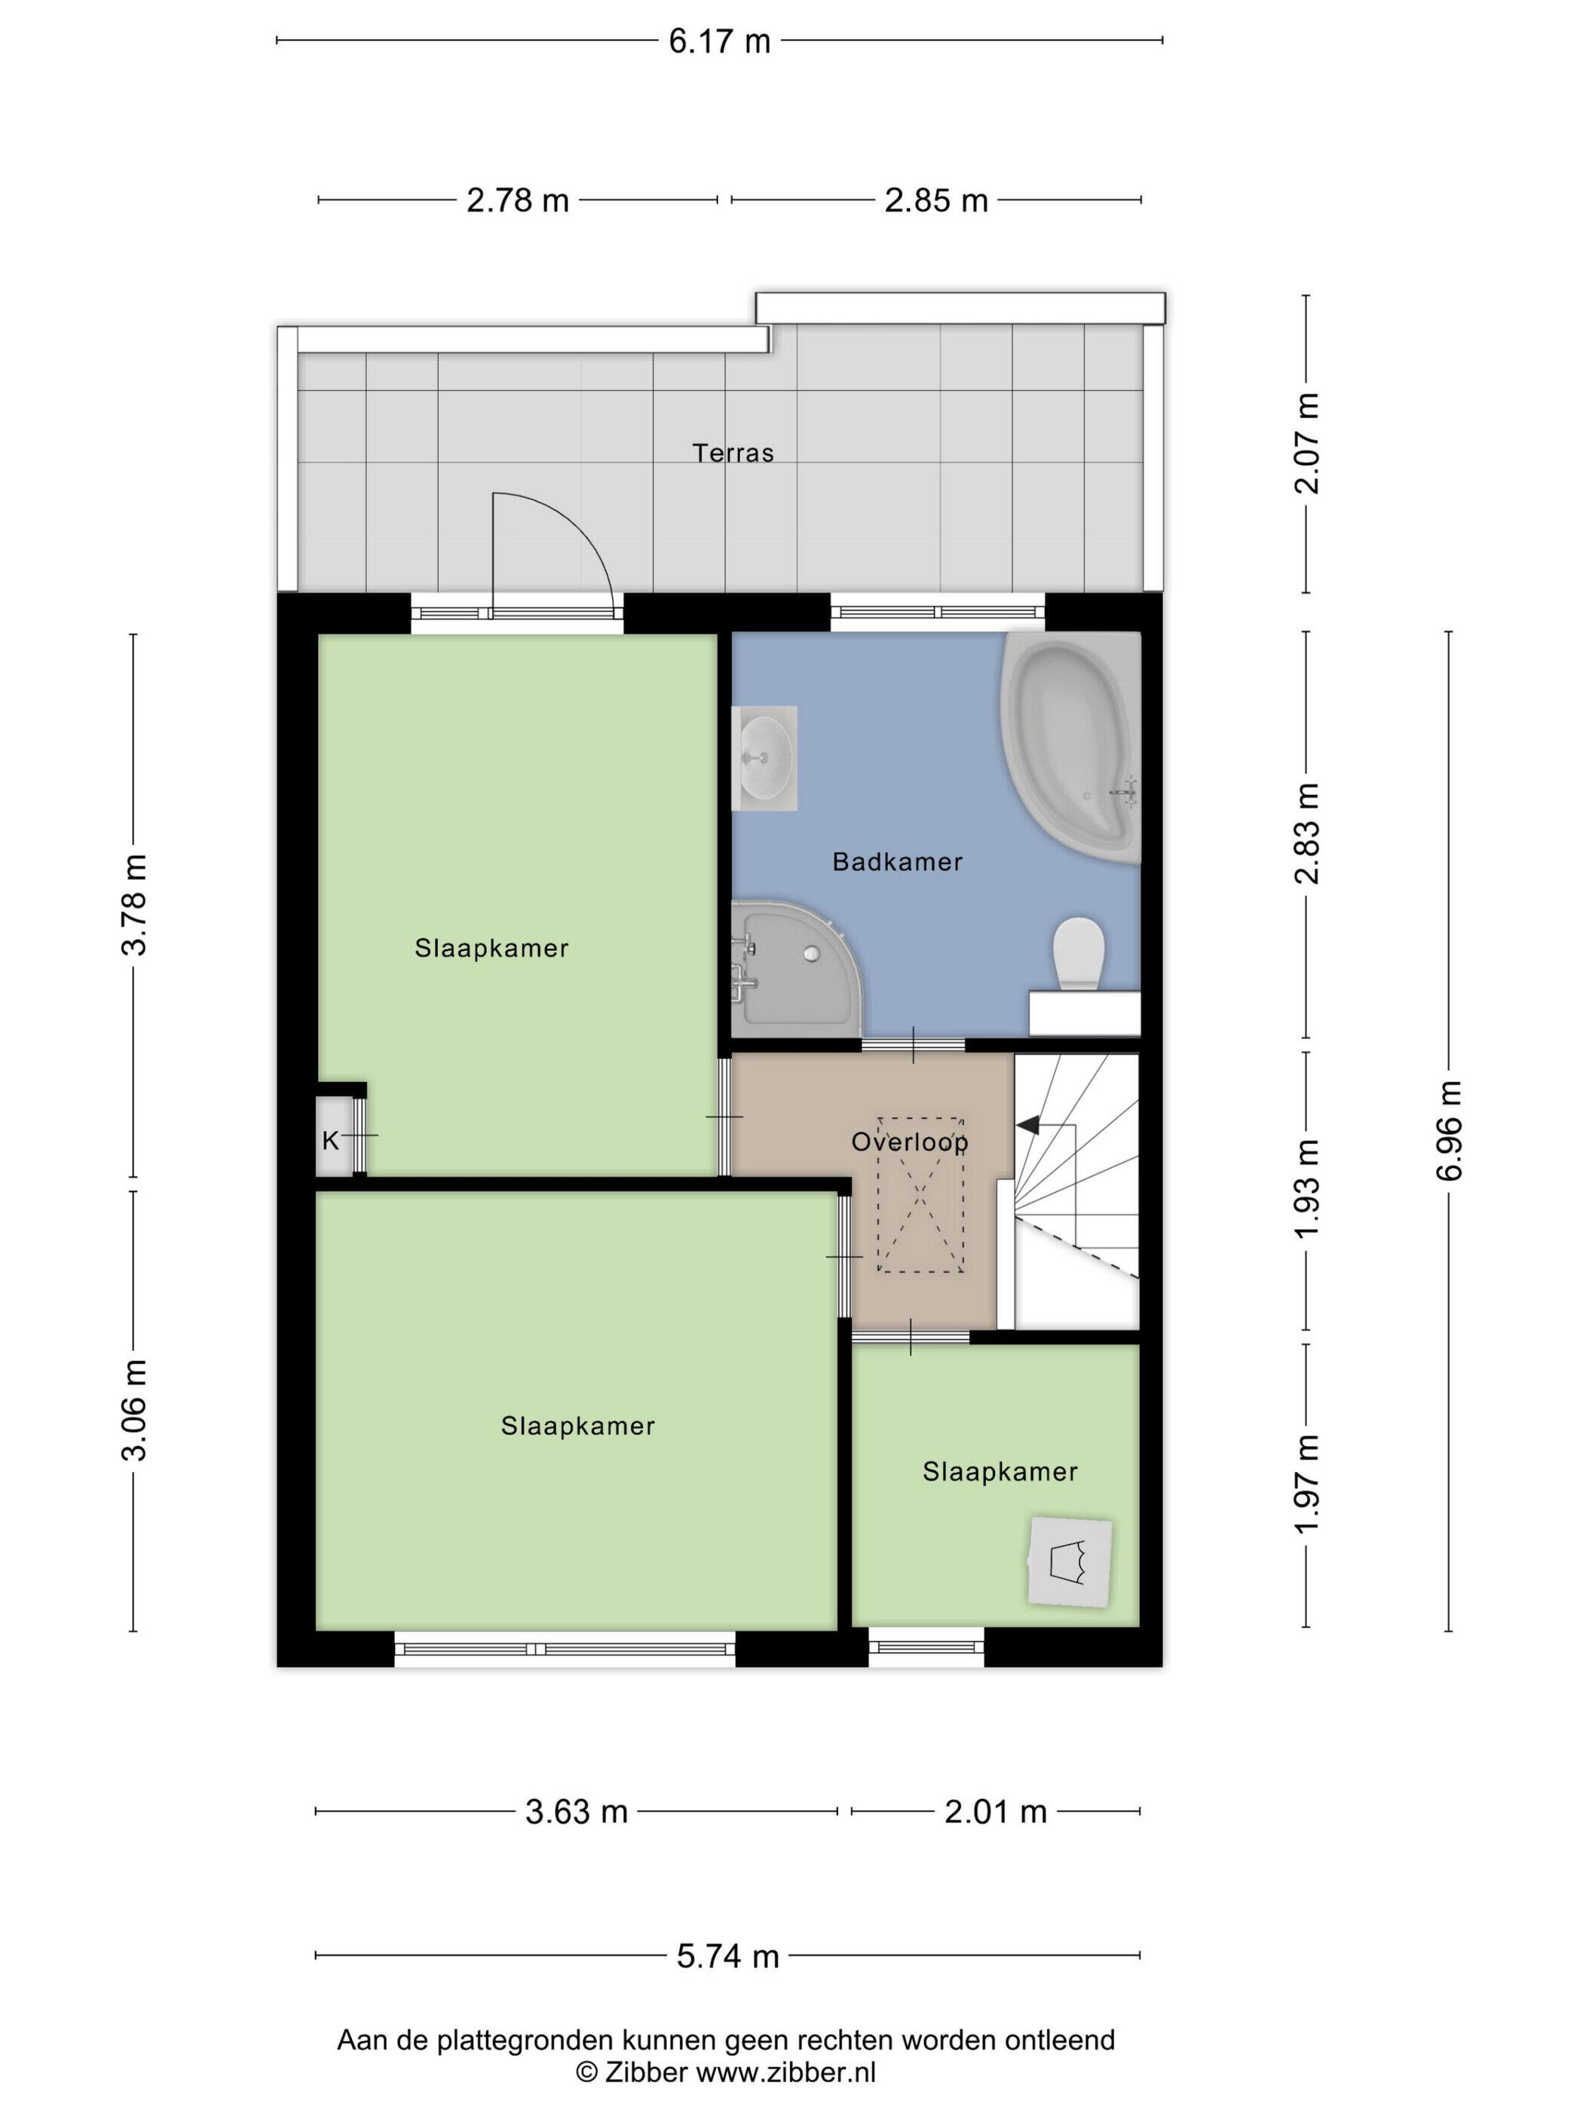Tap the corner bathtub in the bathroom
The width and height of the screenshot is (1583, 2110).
[1070, 747]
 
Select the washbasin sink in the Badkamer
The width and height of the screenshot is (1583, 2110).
[764, 758]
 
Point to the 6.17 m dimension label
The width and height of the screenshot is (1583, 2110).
[719, 41]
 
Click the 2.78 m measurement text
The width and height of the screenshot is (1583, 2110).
[517, 200]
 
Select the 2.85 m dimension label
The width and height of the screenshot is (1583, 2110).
[936, 200]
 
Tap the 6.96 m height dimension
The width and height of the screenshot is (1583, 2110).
[1449, 1130]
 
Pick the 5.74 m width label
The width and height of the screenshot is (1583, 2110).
[728, 1956]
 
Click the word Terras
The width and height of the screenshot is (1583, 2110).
[733, 452]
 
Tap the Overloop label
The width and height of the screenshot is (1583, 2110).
[909, 1142]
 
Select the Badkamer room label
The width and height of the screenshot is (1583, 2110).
[897, 862]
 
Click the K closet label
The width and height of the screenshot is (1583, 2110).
[330, 1140]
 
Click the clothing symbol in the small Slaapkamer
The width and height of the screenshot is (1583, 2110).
[1070, 1561]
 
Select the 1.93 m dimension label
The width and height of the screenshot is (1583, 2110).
[1306, 1189]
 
